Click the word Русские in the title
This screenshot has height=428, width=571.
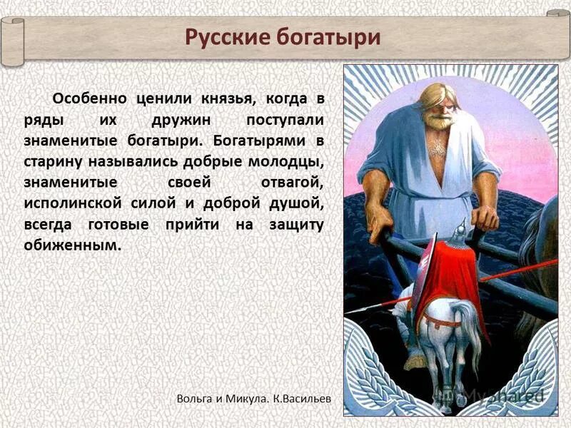pyautogui.click(x=226, y=36)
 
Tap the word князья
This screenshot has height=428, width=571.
pyautogui.click(x=220, y=99)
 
